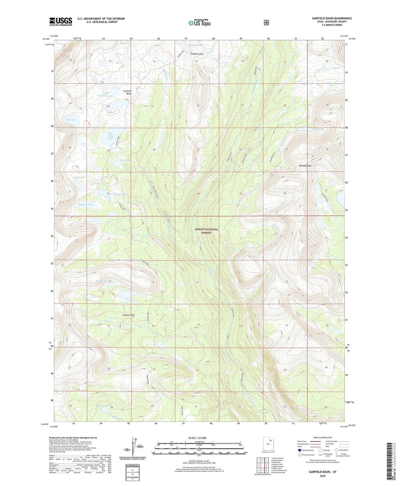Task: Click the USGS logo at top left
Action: click(x=61, y=21)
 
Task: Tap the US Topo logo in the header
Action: click(x=199, y=23)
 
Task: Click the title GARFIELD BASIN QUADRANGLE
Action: click(x=332, y=18)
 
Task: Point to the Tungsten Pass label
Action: click(x=197, y=54)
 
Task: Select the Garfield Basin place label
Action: click(x=127, y=92)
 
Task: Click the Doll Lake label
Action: click(x=70, y=120)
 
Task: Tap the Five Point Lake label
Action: click(x=111, y=136)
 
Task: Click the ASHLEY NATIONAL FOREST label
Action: click(x=206, y=231)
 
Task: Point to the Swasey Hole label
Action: click(x=129, y=315)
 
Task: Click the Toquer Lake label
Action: click(x=103, y=406)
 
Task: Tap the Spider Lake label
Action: click(x=121, y=194)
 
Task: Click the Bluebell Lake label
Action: click(x=86, y=204)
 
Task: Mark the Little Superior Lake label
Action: click(x=104, y=94)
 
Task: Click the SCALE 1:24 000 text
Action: click(x=197, y=438)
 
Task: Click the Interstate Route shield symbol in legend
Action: click(x=299, y=450)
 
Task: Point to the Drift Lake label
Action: click(x=78, y=177)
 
